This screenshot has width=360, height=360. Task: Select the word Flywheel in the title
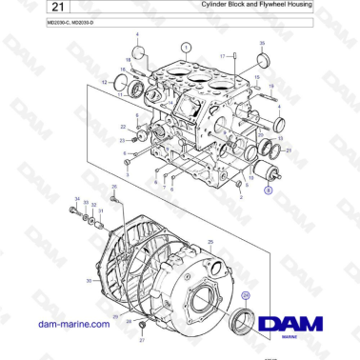[x=257, y=6]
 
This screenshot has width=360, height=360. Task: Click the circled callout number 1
[x=187, y=46]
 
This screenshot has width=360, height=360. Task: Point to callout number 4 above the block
[x=136, y=35]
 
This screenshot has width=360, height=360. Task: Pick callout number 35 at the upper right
[x=263, y=44]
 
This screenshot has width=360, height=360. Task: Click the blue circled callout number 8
[x=268, y=190]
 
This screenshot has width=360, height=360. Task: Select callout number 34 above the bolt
[x=77, y=199]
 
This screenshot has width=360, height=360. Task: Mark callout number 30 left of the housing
[x=89, y=281]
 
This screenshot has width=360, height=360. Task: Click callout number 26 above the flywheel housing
[x=114, y=188]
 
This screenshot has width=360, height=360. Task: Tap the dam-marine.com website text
[x=70, y=325]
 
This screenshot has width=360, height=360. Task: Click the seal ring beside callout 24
[x=245, y=319]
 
